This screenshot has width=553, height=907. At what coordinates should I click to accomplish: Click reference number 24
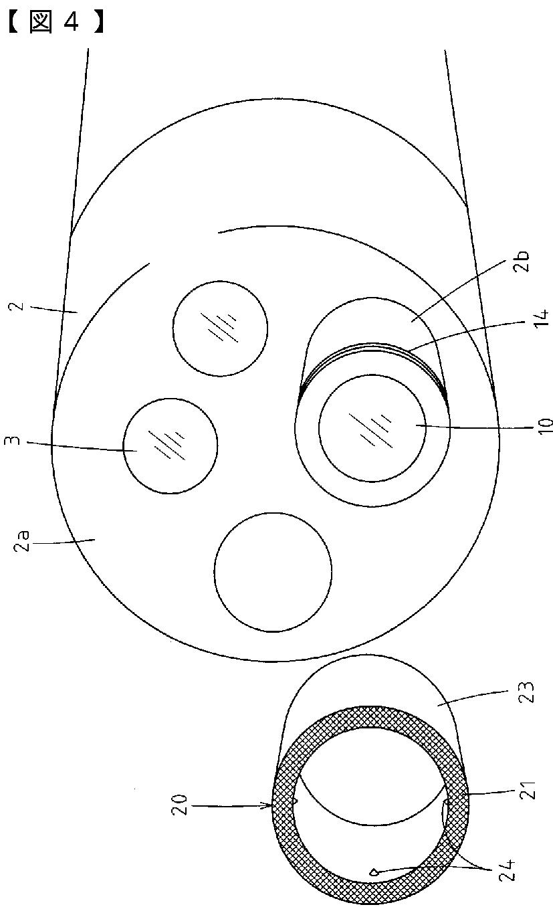point(523,874)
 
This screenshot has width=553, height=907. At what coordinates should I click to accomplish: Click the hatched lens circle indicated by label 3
point(170,446)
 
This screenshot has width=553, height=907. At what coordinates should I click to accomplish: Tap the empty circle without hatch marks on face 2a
point(273,571)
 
